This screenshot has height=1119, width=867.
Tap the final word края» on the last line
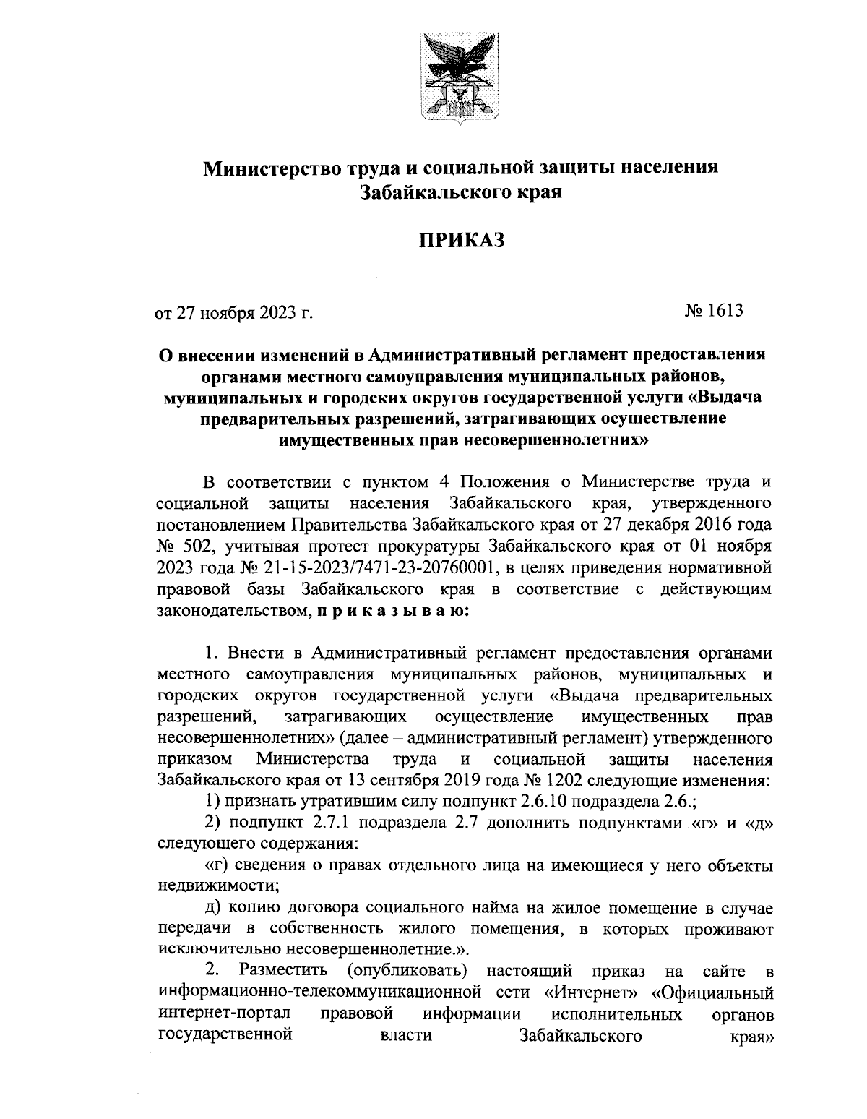[749, 1037]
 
